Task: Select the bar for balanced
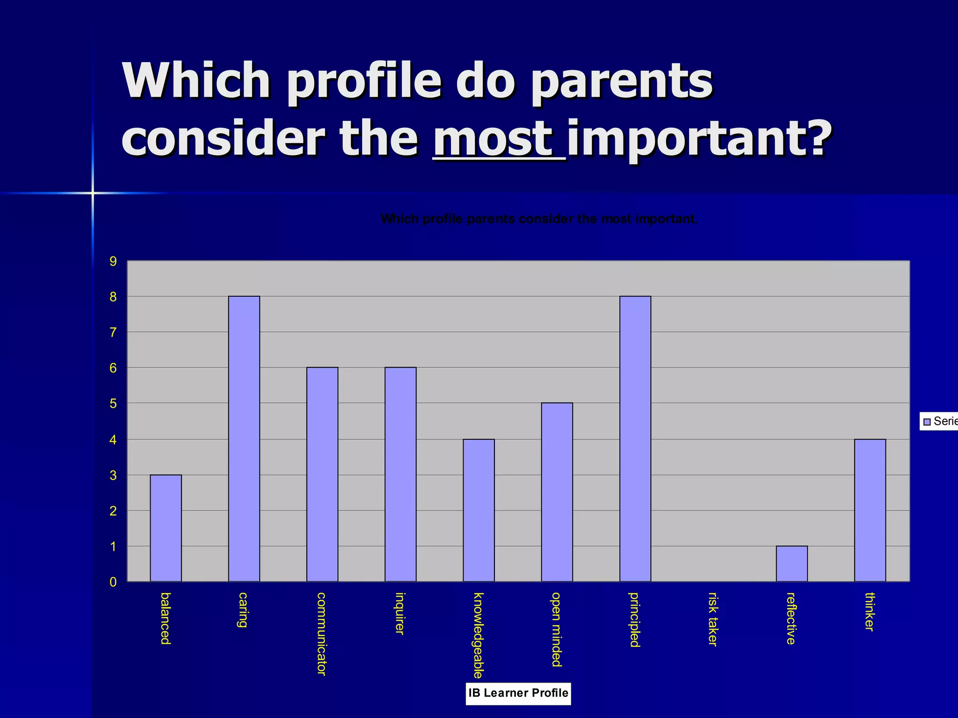click(x=166, y=528)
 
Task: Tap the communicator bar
click(x=322, y=474)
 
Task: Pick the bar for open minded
click(x=557, y=492)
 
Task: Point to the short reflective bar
click(x=791, y=564)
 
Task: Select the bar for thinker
click(x=870, y=510)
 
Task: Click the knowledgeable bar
click(x=479, y=510)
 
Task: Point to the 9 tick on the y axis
click(x=113, y=261)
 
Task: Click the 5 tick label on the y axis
click(x=113, y=403)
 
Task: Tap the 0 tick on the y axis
click(x=113, y=582)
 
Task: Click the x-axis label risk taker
click(x=712, y=619)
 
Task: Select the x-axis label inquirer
click(x=399, y=613)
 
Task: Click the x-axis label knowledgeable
click(x=478, y=635)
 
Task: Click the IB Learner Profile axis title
click(x=518, y=693)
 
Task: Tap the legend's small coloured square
click(x=927, y=422)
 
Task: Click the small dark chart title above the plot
click(x=539, y=219)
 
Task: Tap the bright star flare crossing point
click(x=93, y=193)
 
